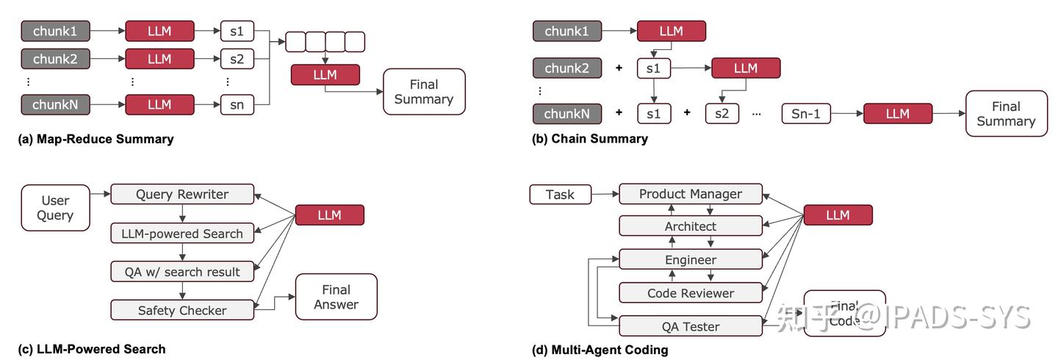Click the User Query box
tap(56, 207)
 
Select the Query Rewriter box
tap(182, 195)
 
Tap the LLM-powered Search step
tap(182, 234)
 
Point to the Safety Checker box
tap(182, 310)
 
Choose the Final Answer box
tap(336, 297)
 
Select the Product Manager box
tap(690, 194)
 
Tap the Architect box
tap(690, 226)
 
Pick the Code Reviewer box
tap(690, 293)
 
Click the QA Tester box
tap(690, 326)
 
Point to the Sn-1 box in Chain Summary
tap(805, 114)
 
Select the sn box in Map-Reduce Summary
tap(237, 104)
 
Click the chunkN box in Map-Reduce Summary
tap(55, 104)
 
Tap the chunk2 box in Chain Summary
tap(567, 68)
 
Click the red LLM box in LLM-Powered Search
tap(329, 215)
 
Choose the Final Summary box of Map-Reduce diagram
tap(424, 92)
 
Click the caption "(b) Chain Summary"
tap(589, 139)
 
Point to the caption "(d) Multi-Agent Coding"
tap(600, 350)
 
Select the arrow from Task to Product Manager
tap(606, 195)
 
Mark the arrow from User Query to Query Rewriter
tap(100, 192)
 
